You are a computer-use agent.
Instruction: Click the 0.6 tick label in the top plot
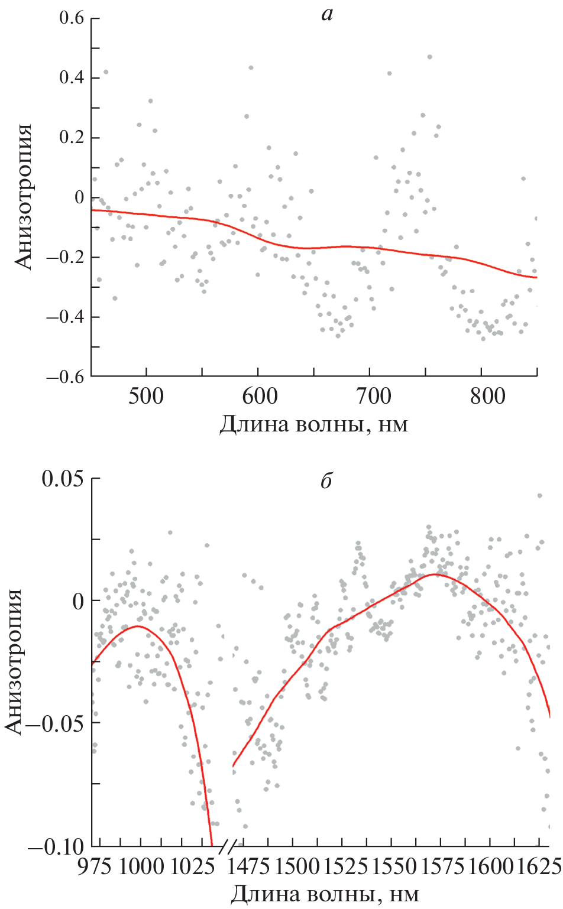point(71,18)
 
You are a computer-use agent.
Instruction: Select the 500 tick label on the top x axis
point(146,396)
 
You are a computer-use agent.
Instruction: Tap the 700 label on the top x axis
point(374,396)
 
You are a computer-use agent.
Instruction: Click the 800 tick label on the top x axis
point(487,396)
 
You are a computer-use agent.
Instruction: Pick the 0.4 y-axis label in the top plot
point(71,78)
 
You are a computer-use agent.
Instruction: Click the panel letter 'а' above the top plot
point(327,14)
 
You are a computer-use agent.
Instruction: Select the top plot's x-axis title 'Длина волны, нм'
point(313,424)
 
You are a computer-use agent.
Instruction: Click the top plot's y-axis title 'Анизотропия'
point(24,197)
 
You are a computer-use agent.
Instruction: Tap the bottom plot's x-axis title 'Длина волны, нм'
point(324,894)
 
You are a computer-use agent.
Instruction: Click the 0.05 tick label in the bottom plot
point(62,479)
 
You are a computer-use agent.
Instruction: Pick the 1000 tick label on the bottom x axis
point(141,866)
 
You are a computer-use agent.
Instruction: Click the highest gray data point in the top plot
point(430,57)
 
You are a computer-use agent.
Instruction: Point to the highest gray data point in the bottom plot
point(539,496)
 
